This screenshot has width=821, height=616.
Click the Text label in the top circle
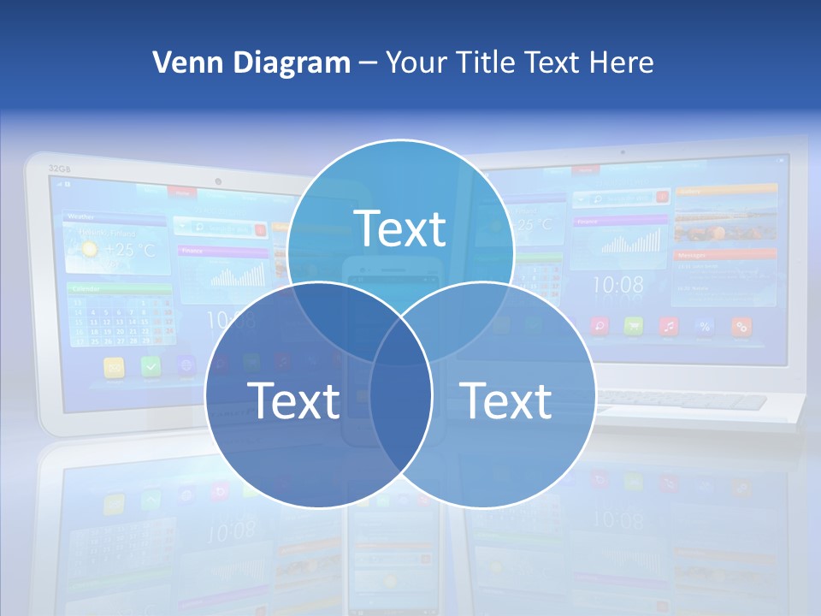pos(400,228)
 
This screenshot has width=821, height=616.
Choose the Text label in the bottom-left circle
pos(293,400)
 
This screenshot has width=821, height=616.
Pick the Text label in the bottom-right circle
pos(506,400)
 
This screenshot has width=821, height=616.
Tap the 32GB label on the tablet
pos(59,169)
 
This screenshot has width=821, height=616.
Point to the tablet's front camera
pos(219,181)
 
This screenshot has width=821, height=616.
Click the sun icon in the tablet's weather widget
pos(89,250)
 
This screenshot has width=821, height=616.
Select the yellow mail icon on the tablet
pos(115,366)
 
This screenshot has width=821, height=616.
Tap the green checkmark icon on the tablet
pos(151,366)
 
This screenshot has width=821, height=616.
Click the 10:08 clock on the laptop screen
pos(618,284)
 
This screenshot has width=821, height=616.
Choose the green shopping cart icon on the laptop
pos(634,326)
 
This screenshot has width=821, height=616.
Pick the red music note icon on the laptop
pos(669,326)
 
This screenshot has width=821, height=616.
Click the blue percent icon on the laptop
pos(705,326)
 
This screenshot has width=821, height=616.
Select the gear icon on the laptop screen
pos(741,326)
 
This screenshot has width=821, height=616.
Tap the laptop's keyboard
pos(684,400)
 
